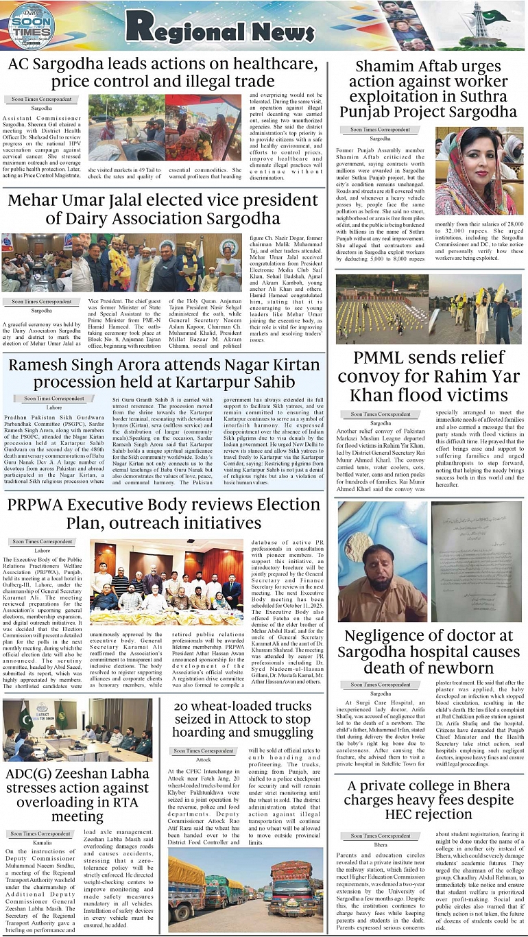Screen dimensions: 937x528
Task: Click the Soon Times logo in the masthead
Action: point(32,26)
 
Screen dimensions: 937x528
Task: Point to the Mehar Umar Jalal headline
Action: point(163,209)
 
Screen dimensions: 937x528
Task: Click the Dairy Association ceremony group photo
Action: point(122,264)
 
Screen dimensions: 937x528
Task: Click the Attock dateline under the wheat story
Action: point(204,760)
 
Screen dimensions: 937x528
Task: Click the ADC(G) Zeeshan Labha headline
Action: point(77,794)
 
